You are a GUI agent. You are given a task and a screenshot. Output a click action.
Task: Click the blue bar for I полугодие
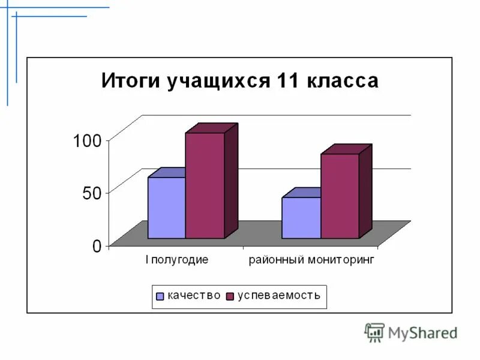[x=166, y=208]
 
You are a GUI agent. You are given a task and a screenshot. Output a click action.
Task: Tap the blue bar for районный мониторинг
[x=301, y=217]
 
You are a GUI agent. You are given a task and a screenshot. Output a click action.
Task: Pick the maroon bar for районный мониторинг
[x=340, y=196]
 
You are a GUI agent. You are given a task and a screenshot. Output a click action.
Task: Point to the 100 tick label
[x=88, y=141]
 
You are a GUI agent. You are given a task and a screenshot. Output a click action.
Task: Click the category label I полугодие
[x=176, y=260]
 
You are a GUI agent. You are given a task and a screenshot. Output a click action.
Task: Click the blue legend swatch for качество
[x=160, y=296]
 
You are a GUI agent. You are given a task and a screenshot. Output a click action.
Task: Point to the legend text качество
[x=193, y=295]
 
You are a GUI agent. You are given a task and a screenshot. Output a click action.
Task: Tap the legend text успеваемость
[x=278, y=295]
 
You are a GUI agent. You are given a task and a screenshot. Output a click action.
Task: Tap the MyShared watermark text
[x=422, y=332]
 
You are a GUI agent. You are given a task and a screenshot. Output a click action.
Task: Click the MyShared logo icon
[x=374, y=332]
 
